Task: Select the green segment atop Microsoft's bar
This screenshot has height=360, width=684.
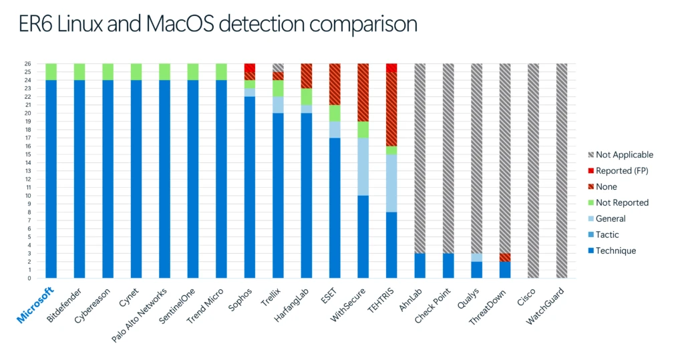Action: pyautogui.click(x=51, y=71)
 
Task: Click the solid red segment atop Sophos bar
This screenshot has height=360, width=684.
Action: pyautogui.click(x=250, y=67)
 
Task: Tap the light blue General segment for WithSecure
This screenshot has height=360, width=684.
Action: pyautogui.click(x=363, y=167)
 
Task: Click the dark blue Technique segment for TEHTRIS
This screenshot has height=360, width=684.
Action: pyautogui.click(x=391, y=244)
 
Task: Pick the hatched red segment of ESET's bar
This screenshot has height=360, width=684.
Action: pyautogui.click(x=335, y=84)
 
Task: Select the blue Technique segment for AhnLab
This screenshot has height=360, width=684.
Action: pyautogui.click(x=420, y=265)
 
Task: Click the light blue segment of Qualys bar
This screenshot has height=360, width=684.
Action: pyautogui.click(x=477, y=257)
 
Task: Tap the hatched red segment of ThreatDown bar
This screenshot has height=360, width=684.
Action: pyautogui.click(x=506, y=257)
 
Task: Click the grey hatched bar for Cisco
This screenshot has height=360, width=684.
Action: pyautogui.click(x=534, y=170)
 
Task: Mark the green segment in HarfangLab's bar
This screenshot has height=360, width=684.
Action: pyautogui.click(x=307, y=97)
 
